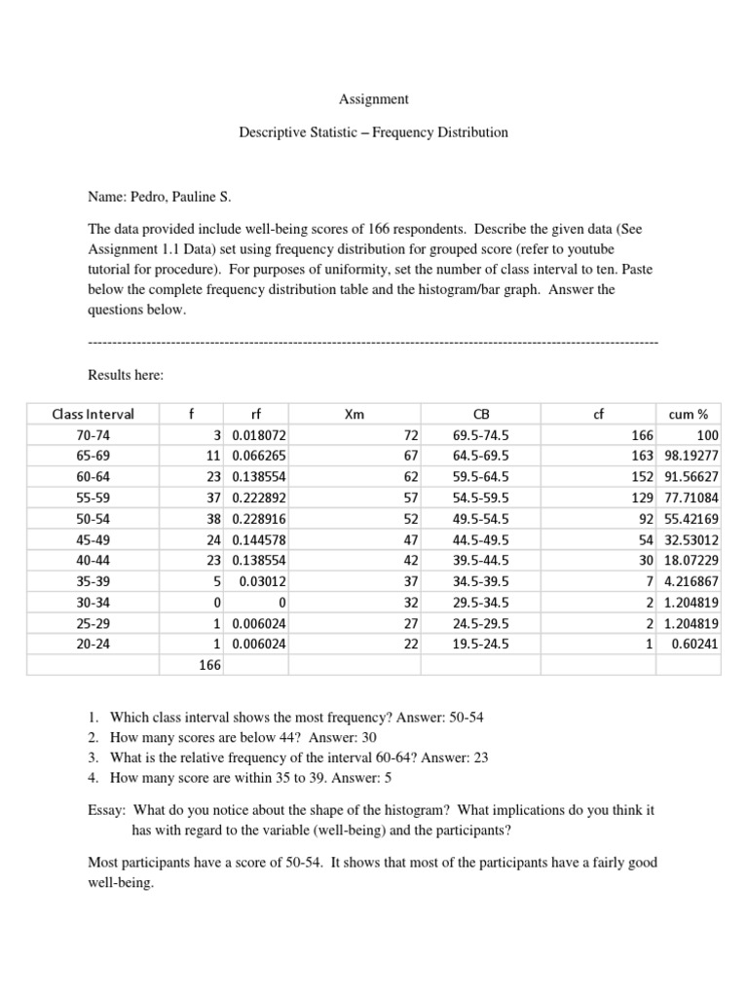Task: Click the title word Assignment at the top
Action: [373, 99]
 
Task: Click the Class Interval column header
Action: [93, 414]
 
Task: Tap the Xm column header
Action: [355, 414]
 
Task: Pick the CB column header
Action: [480, 414]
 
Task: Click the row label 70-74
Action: [93, 434]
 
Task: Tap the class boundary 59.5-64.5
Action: [480, 477]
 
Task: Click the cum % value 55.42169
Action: [691, 519]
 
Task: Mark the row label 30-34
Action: [93, 603]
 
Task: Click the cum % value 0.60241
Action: [694, 644]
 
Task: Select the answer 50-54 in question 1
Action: [467, 718]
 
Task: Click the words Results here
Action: [126, 375]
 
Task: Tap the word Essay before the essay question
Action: [106, 810]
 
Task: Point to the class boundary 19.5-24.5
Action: [480, 644]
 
